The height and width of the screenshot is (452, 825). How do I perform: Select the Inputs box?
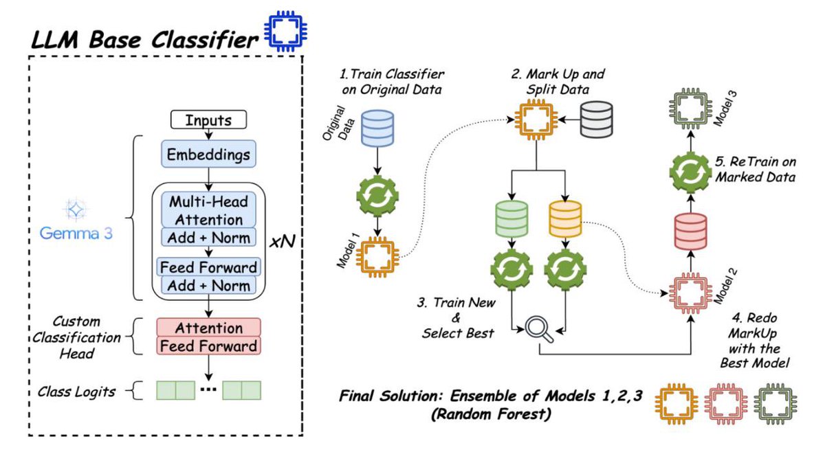tap(208, 120)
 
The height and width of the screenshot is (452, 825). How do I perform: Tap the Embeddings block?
tap(208, 155)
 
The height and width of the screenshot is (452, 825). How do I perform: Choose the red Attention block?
tap(208, 328)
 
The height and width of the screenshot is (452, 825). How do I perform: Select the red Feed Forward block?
tap(208, 346)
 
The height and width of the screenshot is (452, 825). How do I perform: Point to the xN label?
tap(282, 241)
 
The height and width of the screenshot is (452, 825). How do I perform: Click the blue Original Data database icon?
tap(377, 128)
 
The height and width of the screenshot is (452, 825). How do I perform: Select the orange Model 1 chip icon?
tap(377, 256)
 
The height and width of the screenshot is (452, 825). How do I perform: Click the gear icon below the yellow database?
tap(564, 271)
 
